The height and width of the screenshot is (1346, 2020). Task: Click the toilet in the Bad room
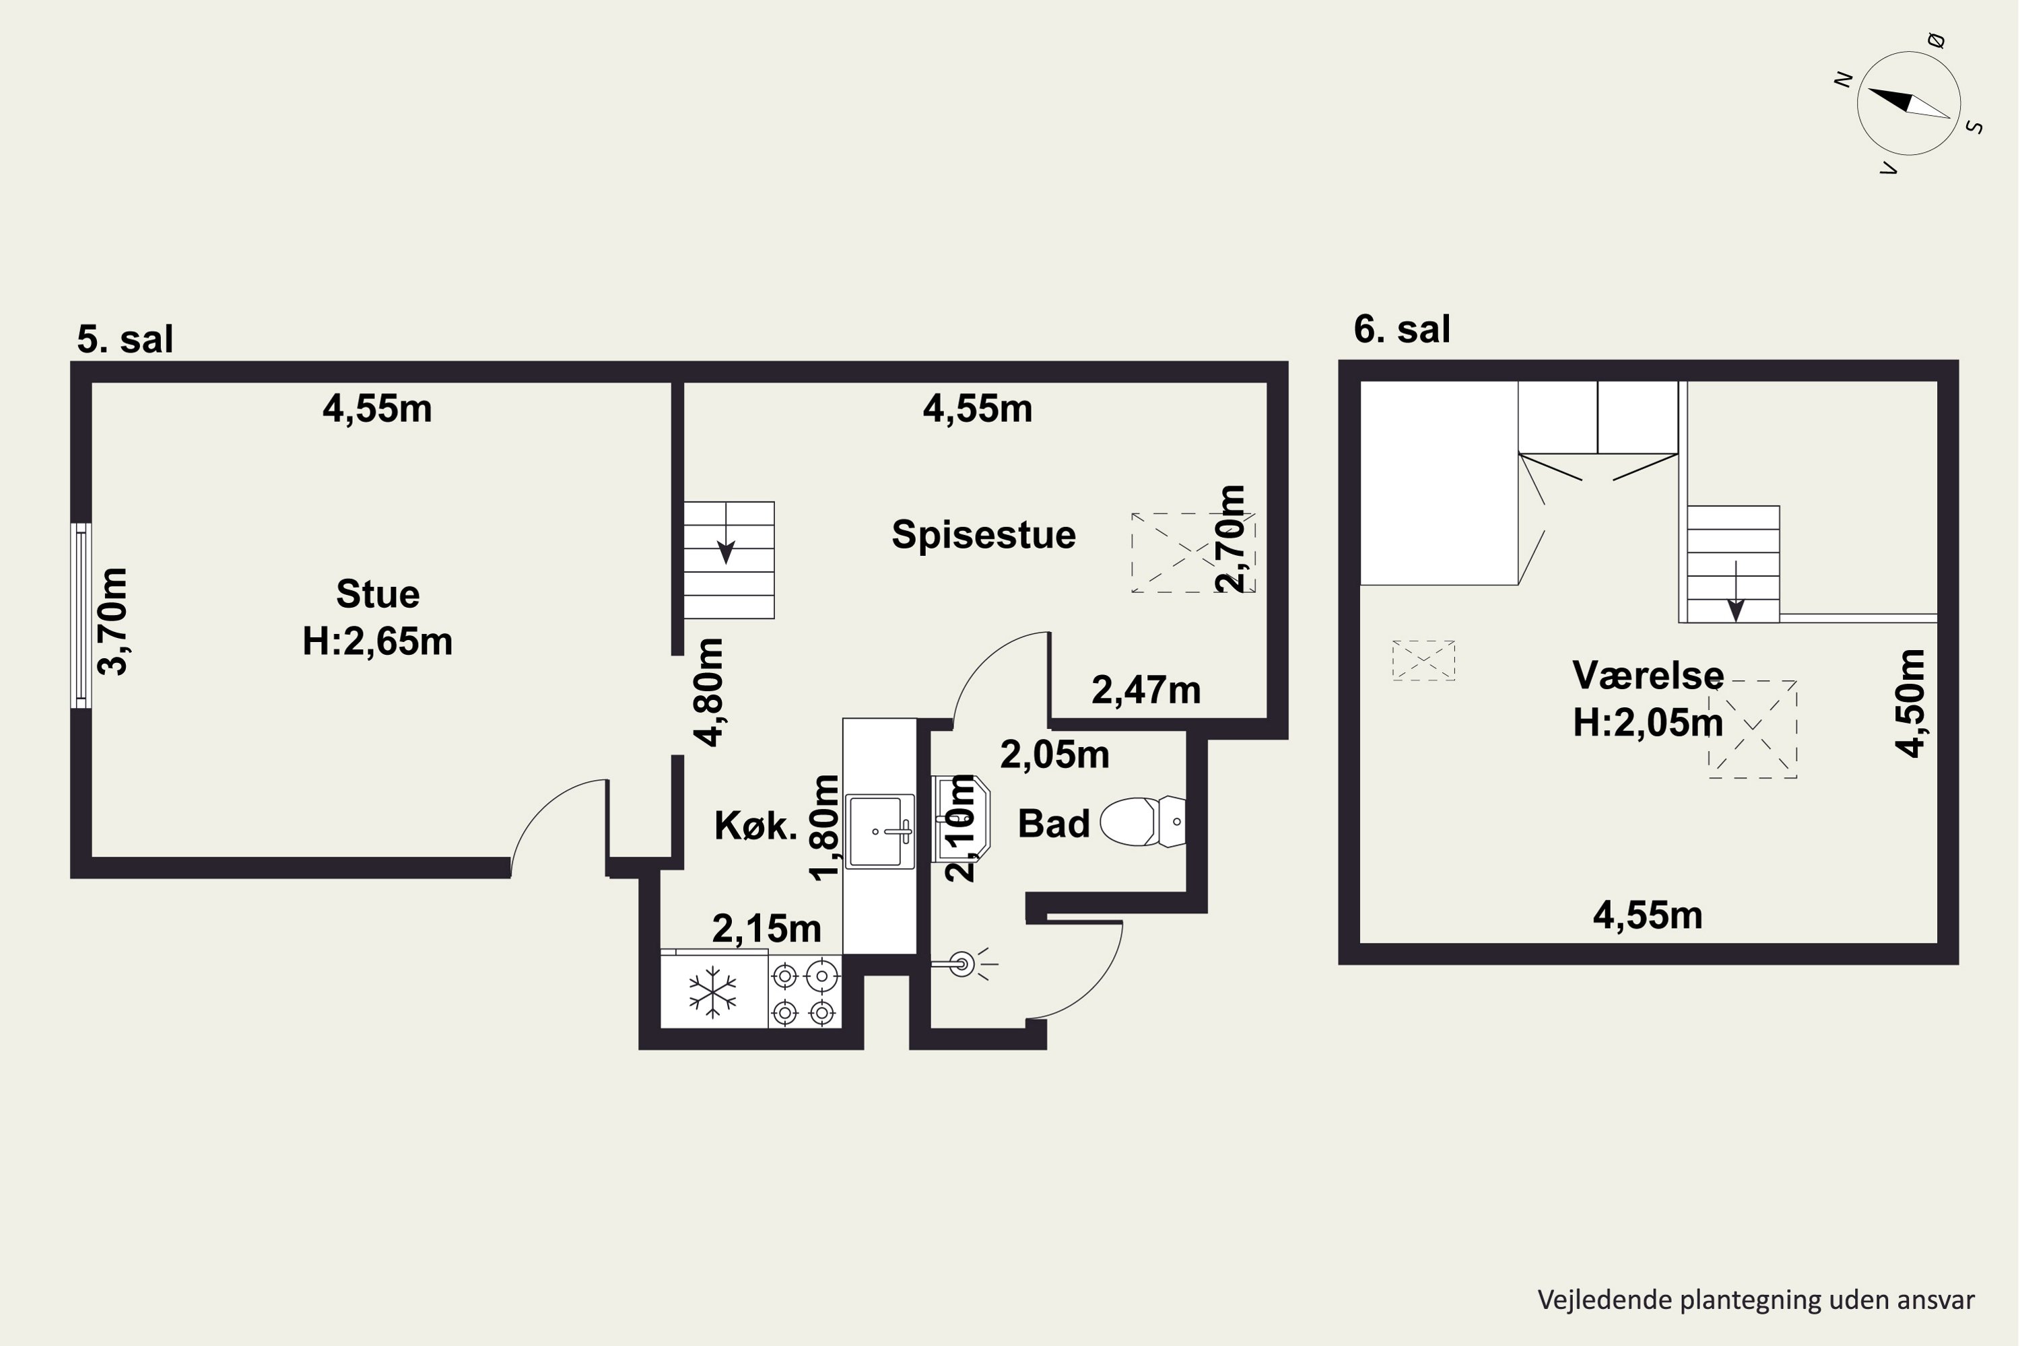click(1142, 822)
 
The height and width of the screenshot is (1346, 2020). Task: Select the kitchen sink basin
click(879, 830)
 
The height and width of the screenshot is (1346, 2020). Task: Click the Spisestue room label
click(983, 535)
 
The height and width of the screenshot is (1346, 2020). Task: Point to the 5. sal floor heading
click(125, 339)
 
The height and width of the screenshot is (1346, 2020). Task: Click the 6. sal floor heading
click(1402, 329)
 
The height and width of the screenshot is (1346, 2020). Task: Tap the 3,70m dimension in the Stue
click(113, 621)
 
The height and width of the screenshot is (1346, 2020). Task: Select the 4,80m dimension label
click(710, 692)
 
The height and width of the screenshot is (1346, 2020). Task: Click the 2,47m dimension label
click(1146, 690)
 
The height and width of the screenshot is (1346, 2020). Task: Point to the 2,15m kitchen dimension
click(766, 928)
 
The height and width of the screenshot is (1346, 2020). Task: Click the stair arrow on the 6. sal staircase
click(1736, 592)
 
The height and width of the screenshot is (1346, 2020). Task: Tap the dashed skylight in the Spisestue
click(1193, 553)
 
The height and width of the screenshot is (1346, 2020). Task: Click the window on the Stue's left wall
click(81, 616)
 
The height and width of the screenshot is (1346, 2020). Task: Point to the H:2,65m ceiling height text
click(377, 641)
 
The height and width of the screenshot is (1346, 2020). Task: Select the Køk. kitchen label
click(755, 826)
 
